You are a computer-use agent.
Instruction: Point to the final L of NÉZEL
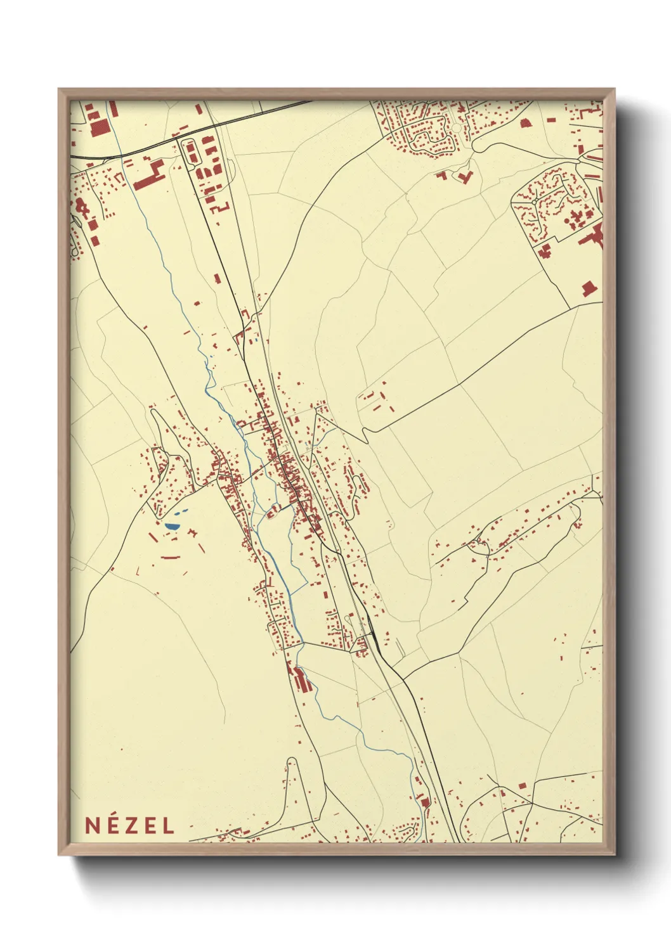point(168,825)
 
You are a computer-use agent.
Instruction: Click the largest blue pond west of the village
point(171,525)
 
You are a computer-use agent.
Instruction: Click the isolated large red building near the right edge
point(589,289)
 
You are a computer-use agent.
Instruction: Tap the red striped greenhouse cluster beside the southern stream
point(303,679)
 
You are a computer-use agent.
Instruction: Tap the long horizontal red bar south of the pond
point(171,558)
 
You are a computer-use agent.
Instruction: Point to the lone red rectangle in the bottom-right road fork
point(523,786)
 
